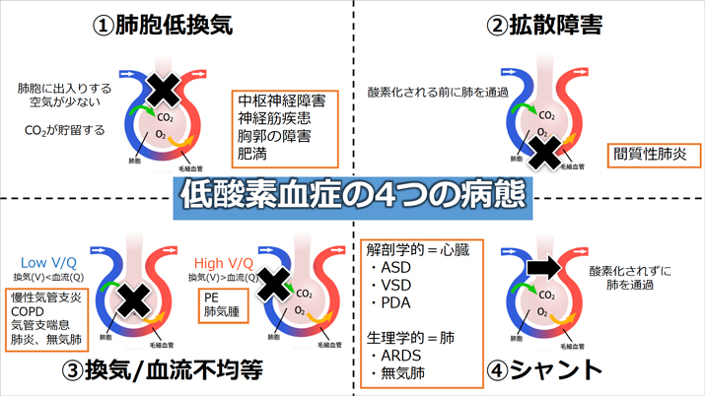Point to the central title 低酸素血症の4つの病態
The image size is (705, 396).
(x=352, y=197)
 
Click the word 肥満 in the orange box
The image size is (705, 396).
(x=251, y=153)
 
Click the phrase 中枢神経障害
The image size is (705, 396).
(x=282, y=101)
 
